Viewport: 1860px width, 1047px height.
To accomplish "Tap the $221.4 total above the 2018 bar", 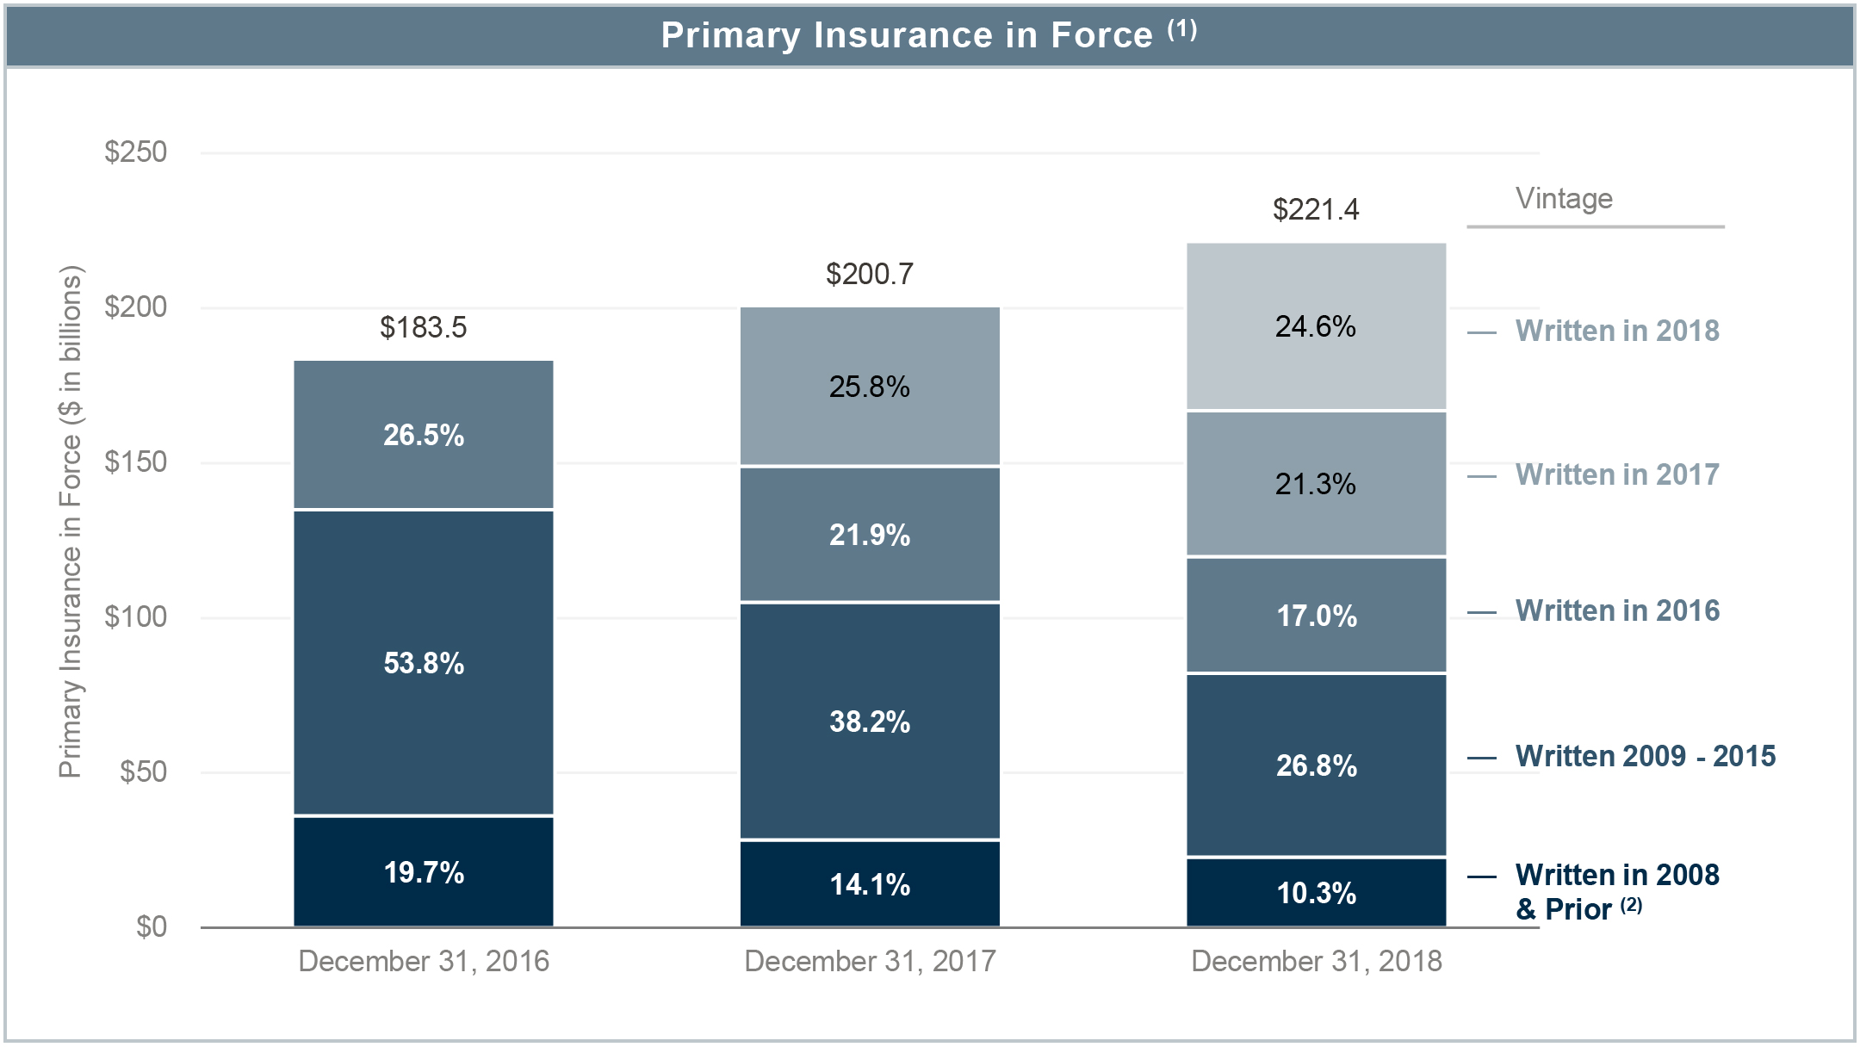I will pyautogui.click(x=1316, y=209).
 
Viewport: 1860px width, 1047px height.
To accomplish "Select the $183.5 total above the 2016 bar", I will pyautogui.click(x=423, y=327).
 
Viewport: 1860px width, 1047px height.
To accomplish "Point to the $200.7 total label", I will pyautogui.click(x=869, y=274).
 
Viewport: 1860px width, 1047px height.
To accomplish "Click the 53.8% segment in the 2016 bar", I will pyautogui.click(x=423, y=663).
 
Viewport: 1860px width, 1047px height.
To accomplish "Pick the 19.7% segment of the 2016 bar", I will pyautogui.click(x=423, y=872).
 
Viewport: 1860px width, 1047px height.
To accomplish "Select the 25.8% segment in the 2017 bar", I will pyautogui.click(x=869, y=387).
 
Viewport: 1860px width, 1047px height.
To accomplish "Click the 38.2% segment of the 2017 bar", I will pyautogui.click(x=869, y=722).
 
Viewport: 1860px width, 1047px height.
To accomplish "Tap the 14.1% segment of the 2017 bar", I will pyautogui.click(x=869, y=884).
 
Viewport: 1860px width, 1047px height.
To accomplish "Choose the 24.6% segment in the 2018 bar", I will pyautogui.click(x=1316, y=326).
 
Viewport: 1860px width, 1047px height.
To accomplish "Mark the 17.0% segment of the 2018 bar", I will pyautogui.click(x=1316, y=616).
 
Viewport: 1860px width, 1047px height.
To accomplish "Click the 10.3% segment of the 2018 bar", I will pyautogui.click(x=1316, y=893).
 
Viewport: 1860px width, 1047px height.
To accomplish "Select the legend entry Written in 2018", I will pyautogui.click(x=1616, y=331).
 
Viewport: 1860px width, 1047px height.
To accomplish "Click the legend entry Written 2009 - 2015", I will pyautogui.click(x=1645, y=756).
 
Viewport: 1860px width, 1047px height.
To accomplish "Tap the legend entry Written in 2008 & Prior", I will pyautogui.click(x=1616, y=891).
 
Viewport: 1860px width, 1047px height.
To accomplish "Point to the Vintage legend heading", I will pyautogui.click(x=1564, y=199).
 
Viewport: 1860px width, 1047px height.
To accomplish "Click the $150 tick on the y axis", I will pyautogui.click(x=135, y=462).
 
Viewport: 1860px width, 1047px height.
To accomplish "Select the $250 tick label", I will pyautogui.click(x=135, y=152).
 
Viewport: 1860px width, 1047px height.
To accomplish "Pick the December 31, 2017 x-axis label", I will pyautogui.click(x=869, y=961).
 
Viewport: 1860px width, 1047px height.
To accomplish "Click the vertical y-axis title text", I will pyautogui.click(x=71, y=522).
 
